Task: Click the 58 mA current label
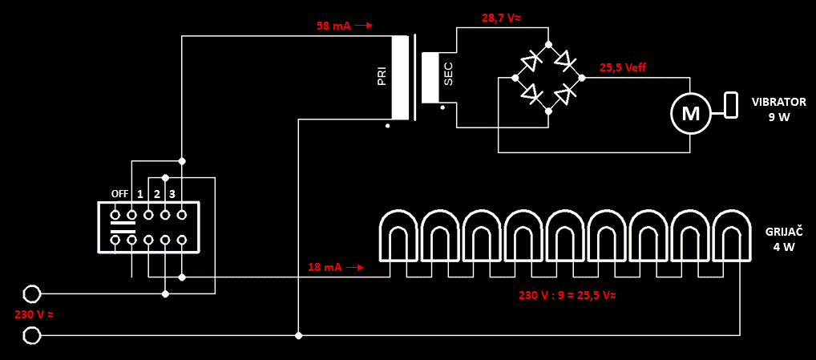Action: pyautogui.click(x=333, y=26)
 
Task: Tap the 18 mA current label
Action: pyautogui.click(x=325, y=267)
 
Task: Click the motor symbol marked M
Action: pyautogui.click(x=690, y=113)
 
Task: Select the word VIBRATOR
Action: pyautogui.click(x=778, y=102)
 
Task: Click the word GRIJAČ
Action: pyautogui.click(x=783, y=232)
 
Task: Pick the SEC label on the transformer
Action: pyautogui.click(x=448, y=75)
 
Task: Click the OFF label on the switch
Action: pyautogui.click(x=119, y=194)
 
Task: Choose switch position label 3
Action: pyautogui.click(x=172, y=194)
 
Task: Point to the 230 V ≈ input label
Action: pyautogui.click(x=34, y=314)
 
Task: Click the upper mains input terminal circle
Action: pyautogui.click(x=31, y=294)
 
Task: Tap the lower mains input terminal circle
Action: pyautogui.click(x=31, y=334)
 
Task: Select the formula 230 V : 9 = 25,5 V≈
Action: pyautogui.click(x=567, y=294)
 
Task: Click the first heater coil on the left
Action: pyautogui.click(x=399, y=236)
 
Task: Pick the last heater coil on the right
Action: pyautogui.click(x=731, y=236)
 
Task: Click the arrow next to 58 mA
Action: pyautogui.click(x=364, y=26)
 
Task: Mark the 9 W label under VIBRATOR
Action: pyautogui.click(x=778, y=117)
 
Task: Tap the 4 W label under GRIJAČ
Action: pyautogui.click(x=783, y=247)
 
